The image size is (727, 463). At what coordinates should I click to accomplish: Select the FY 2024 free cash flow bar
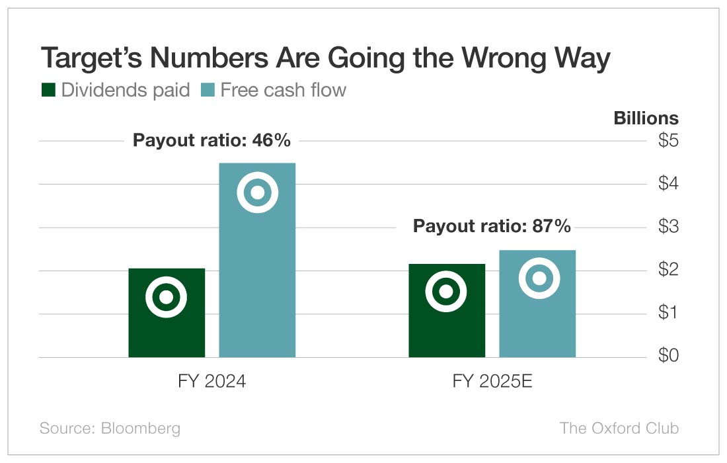(x=257, y=278)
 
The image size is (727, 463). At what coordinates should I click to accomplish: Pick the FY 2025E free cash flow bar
(x=537, y=324)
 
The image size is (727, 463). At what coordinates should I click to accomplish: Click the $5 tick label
(x=668, y=141)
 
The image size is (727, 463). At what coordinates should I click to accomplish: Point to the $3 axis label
(x=668, y=227)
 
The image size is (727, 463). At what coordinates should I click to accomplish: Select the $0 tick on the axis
(x=668, y=356)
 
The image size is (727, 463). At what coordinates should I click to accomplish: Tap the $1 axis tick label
(x=668, y=313)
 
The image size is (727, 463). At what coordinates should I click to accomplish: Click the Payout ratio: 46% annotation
(x=211, y=140)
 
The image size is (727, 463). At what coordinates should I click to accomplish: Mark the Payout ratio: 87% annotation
(x=492, y=226)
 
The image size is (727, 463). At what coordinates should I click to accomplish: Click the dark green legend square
(x=48, y=90)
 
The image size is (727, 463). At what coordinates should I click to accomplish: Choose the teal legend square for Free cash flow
(x=208, y=90)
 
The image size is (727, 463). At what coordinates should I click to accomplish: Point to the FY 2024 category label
(x=212, y=382)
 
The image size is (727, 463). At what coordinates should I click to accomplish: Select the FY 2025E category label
(x=492, y=382)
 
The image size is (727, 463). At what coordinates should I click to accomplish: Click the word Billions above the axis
(x=646, y=118)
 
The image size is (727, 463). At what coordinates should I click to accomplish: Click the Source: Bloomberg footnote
(x=110, y=428)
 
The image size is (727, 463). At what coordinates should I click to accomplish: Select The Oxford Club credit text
(x=619, y=428)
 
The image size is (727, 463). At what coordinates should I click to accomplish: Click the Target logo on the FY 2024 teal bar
(x=258, y=192)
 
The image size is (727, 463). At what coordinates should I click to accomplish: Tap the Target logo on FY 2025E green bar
(x=446, y=291)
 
